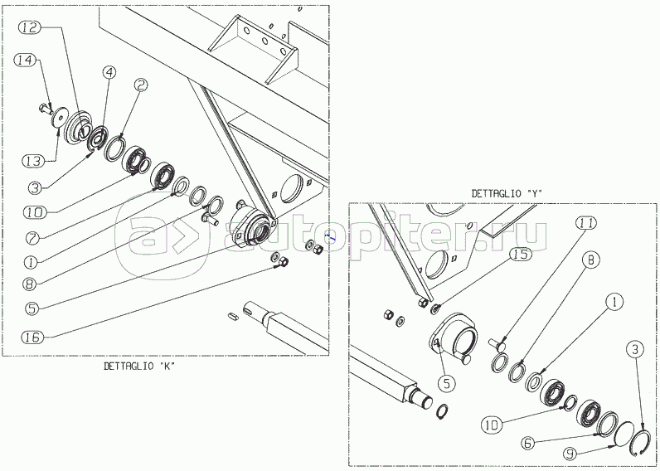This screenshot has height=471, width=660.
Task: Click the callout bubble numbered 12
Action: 30,28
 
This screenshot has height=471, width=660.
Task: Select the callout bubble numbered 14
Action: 25,61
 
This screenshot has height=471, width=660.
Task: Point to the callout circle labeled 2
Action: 141,85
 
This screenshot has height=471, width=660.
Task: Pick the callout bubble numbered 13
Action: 33,161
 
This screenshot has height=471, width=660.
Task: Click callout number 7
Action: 32,239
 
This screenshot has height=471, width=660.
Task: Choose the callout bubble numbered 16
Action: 32,337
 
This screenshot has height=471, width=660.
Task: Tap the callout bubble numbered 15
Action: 521,255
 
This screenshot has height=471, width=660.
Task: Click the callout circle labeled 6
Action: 528,443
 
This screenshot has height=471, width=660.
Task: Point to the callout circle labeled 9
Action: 570,454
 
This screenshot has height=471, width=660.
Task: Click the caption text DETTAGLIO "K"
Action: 139,367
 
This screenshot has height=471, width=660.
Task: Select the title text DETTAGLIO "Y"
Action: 507,193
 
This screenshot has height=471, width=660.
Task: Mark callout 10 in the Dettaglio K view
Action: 36,212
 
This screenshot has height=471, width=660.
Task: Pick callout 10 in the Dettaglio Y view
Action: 492,425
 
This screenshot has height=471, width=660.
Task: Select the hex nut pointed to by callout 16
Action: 284,262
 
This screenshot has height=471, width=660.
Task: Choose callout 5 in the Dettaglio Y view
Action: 447,383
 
